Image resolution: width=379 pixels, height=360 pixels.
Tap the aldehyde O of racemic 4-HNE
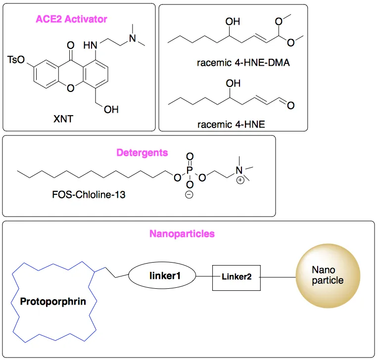tap(290, 105)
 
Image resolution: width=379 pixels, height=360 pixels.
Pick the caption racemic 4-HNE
tap(231, 124)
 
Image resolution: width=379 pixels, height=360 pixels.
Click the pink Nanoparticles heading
tap(182, 233)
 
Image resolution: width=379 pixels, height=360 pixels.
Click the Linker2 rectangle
tap(237, 277)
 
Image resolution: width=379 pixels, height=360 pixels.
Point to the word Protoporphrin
tap(49, 301)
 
